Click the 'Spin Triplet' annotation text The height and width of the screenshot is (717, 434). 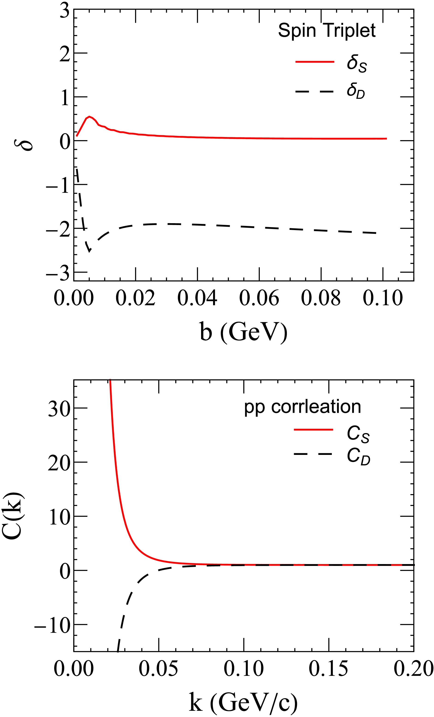tap(327, 31)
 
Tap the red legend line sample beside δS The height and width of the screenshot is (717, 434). tap(315, 62)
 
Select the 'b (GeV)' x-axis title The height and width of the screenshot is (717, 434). tap(244, 332)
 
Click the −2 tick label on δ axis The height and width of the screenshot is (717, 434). tap(58, 229)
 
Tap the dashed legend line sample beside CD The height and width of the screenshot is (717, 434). tap(313, 454)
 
